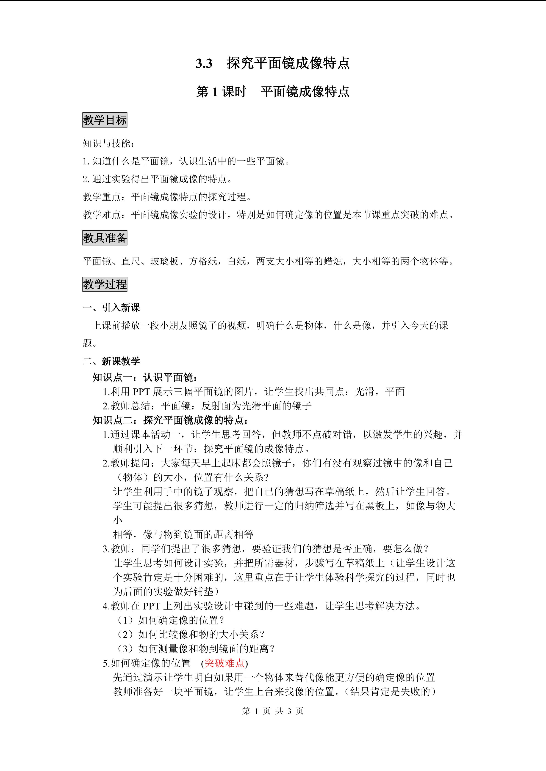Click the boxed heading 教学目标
coord(105,120)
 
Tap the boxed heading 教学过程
coord(105,284)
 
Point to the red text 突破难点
coord(224,663)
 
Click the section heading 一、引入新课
coord(111,308)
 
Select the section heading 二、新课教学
coord(111,361)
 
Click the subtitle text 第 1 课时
coord(221,92)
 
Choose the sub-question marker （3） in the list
coord(126,649)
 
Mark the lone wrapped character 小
coord(118,520)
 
